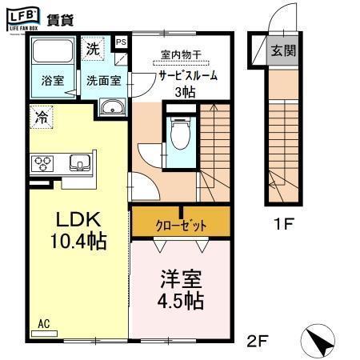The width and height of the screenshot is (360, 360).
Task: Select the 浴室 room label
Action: tap(53, 81)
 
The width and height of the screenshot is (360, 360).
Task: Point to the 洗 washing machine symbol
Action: tap(94, 48)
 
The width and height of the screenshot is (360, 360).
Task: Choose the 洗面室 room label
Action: tap(104, 81)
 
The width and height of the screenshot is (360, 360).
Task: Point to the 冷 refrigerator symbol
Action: tap(41, 117)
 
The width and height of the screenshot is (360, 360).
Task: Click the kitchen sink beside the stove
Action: tap(80, 163)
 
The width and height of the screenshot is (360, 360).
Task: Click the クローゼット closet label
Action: tap(182, 226)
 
